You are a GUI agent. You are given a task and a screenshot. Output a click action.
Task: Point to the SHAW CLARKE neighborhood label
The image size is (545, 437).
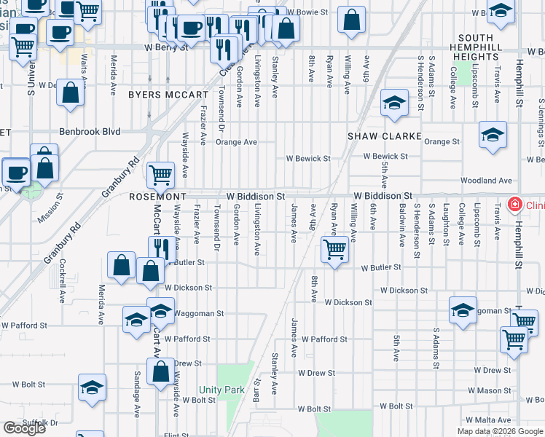coord(384,136)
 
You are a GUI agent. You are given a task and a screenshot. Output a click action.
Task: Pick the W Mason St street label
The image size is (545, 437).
coord(490,391)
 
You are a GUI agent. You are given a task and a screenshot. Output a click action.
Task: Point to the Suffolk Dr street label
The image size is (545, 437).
coord(40,422)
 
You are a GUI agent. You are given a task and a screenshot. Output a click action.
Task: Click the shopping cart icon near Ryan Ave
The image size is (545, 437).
coord(334,250)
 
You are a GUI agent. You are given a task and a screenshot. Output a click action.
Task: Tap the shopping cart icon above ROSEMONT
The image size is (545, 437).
coord(160,174)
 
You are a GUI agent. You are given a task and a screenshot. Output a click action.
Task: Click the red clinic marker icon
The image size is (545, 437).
coord(515,205)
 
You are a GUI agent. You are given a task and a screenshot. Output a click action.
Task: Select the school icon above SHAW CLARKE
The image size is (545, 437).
coord(393,103)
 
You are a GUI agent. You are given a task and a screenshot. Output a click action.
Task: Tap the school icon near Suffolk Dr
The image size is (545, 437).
coord(93,387)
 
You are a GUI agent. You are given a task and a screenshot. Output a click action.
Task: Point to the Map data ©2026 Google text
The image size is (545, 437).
coord(499,431)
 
